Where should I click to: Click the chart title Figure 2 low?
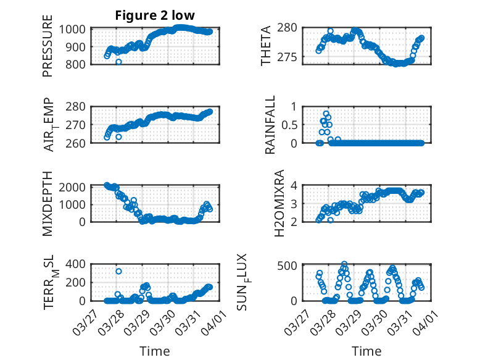155,15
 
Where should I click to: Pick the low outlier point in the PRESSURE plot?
118,62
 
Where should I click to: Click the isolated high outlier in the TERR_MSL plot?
118,271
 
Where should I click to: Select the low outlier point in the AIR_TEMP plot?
118,137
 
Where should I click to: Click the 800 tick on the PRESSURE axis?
77,64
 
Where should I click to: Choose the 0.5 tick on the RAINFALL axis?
292,124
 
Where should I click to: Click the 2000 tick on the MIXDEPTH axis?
73,187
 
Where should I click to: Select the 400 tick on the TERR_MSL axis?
77,264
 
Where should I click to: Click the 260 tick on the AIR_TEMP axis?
77,143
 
